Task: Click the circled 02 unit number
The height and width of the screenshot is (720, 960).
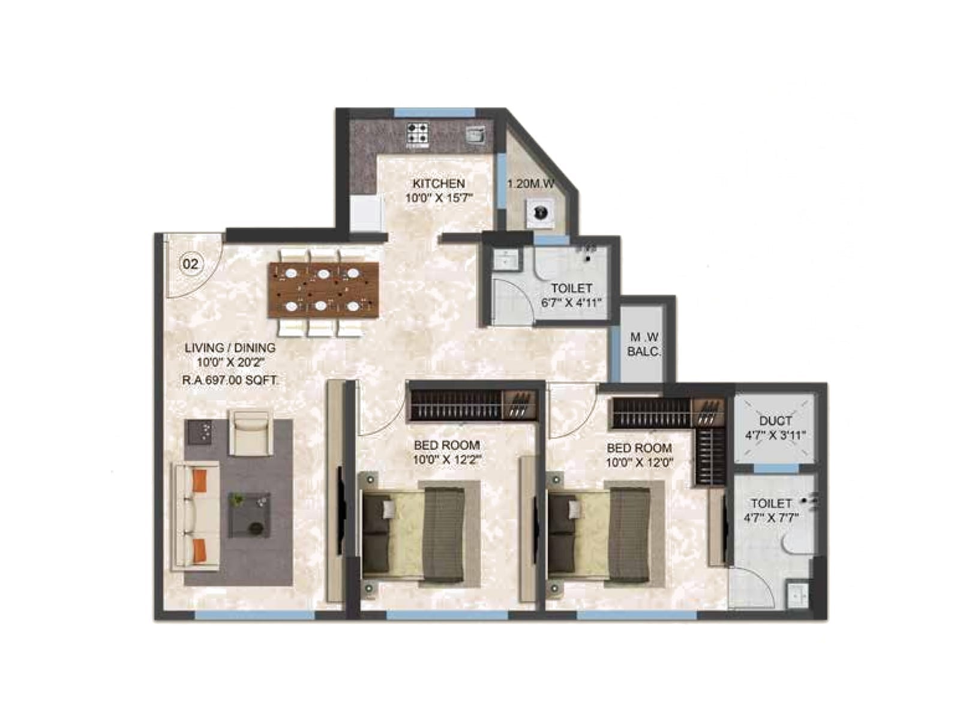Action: [x=190, y=263]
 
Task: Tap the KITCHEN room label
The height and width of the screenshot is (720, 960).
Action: [x=439, y=183]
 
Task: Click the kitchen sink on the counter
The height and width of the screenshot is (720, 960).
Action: [x=474, y=134]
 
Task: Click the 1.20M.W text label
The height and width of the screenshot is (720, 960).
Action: [x=530, y=184]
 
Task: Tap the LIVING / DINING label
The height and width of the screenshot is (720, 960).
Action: [x=230, y=347]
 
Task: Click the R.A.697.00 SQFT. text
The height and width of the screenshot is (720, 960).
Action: [x=230, y=380]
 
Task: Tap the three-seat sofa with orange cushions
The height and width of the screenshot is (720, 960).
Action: [x=196, y=516]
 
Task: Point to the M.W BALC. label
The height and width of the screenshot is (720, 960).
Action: [x=643, y=344]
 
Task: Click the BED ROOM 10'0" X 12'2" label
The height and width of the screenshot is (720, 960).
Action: [x=446, y=452]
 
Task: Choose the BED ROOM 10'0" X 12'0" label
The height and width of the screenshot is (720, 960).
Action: [x=639, y=455]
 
